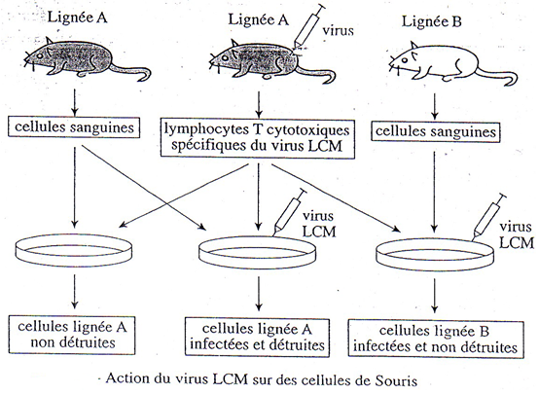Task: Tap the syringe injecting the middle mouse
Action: coord(308,27)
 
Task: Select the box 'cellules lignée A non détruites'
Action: coord(72,335)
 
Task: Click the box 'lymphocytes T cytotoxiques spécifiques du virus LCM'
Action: coord(258,139)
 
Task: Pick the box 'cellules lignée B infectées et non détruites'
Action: coord(436,340)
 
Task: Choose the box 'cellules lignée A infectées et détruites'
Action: coord(257,338)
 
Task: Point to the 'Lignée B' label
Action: coord(431,21)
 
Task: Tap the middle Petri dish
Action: coord(258,253)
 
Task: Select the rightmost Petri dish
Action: coord(435,255)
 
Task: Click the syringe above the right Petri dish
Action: coord(489,217)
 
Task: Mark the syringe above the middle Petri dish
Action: coord(289,212)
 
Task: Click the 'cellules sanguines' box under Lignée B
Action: coord(436,132)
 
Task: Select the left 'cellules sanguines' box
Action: coord(74,127)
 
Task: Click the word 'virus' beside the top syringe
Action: coord(339,30)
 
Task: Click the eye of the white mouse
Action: coord(405,60)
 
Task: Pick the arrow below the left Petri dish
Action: coord(75,291)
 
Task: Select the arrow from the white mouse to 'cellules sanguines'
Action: coord(435,106)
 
